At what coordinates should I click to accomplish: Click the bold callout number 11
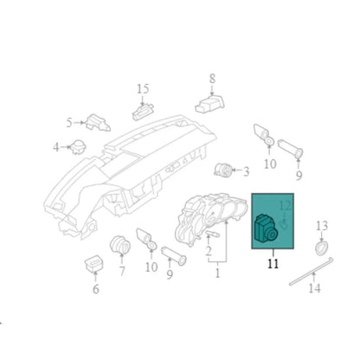(x=273, y=264)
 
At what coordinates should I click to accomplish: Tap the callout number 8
(x=212, y=79)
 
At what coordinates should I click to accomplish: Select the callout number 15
(x=143, y=89)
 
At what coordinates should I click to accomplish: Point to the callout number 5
(x=69, y=123)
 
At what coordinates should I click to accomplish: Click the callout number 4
(x=56, y=148)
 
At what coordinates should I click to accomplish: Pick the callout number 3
(x=246, y=172)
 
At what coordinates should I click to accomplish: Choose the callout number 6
(x=96, y=289)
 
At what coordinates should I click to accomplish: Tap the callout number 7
(x=122, y=271)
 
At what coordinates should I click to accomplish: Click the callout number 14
(x=314, y=287)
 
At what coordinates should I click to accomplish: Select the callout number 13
(x=322, y=226)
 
